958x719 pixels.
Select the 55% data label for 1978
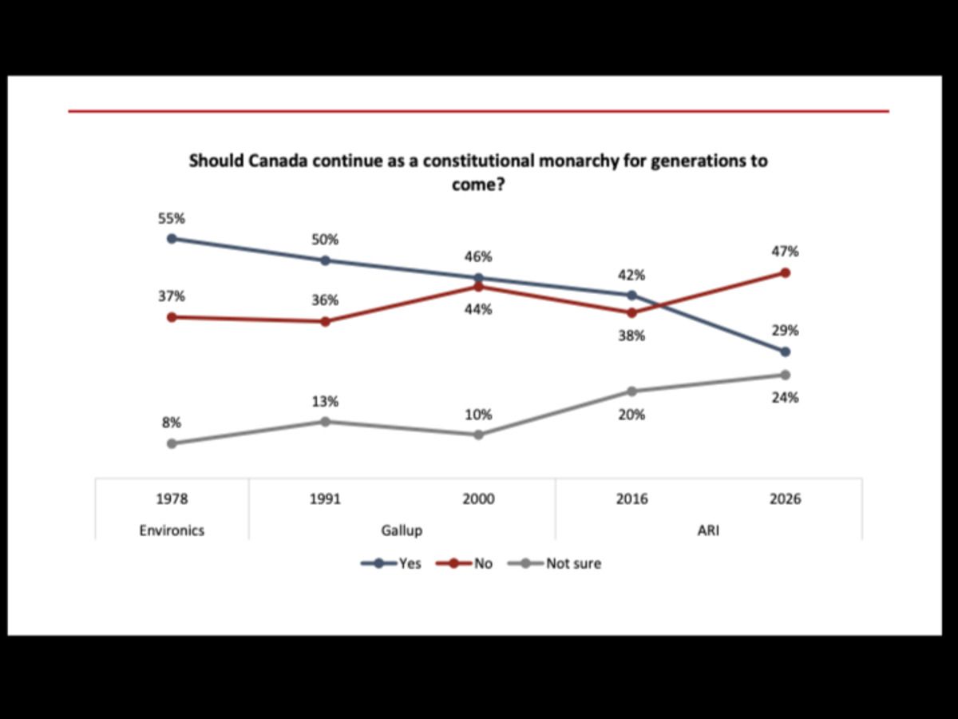click(x=171, y=217)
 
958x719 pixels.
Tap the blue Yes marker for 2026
click(x=785, y=352)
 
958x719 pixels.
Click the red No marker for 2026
click(x=785, y=272)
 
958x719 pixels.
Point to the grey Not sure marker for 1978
click(x=172, y=443)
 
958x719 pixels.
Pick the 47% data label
click(x=785, y=252)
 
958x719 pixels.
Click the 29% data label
click(x=785, y=331)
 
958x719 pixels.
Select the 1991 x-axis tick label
click(x=325, y=499)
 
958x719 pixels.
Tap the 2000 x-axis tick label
click(x=478, y=499)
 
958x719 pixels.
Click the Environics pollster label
click(x=172, y=530)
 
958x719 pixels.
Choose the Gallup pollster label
click(x=402, y=530)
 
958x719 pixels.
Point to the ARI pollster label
click(x=708, y=530)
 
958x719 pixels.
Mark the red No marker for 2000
click(x=478, y=287)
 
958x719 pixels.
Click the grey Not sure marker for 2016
click(x=631, y=391)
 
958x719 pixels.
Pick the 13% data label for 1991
click(x=325, y=401)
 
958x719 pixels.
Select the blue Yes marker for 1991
click(x=325, y=260)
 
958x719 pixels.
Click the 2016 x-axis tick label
click(x=631, y=499)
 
